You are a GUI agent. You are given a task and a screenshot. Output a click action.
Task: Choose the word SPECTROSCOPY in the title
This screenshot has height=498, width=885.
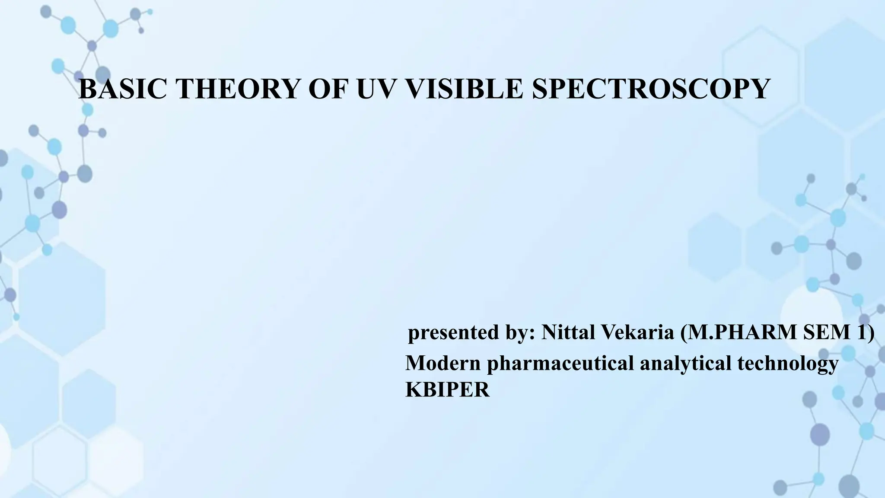[x=651, y=89]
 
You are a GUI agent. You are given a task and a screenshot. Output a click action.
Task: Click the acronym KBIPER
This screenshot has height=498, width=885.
[x=448, y=390]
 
